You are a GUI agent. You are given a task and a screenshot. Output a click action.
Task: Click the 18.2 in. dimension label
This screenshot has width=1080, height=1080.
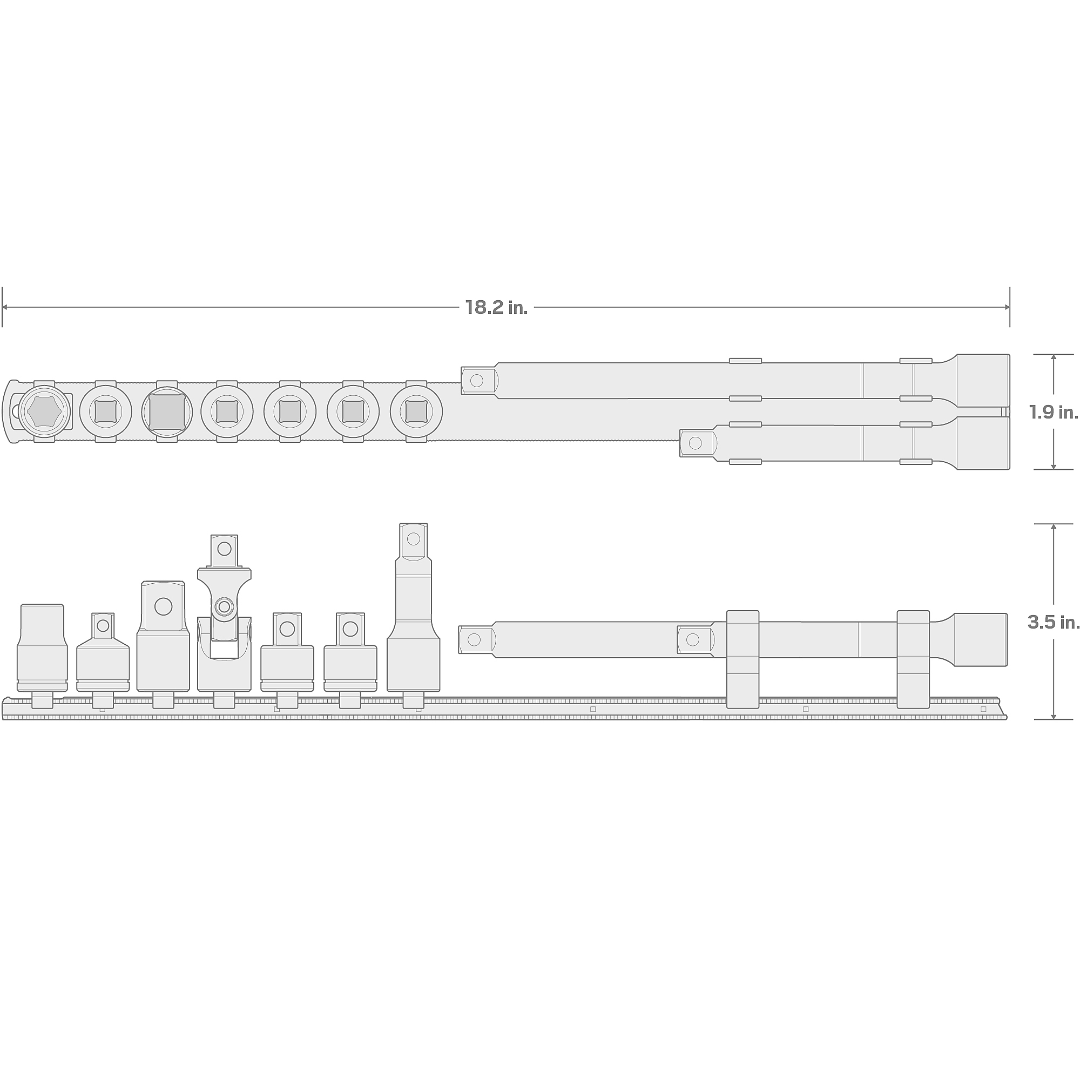496,307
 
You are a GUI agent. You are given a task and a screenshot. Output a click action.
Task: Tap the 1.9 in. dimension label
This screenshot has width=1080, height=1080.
1054,412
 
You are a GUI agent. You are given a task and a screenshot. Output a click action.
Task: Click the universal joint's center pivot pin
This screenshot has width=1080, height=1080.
224,606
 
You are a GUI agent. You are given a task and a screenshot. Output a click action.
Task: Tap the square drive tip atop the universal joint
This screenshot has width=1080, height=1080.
224,551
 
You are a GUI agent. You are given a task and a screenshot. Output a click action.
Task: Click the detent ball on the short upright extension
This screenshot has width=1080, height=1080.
414,539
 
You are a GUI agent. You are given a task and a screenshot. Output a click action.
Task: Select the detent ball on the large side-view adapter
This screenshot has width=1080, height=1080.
163,606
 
